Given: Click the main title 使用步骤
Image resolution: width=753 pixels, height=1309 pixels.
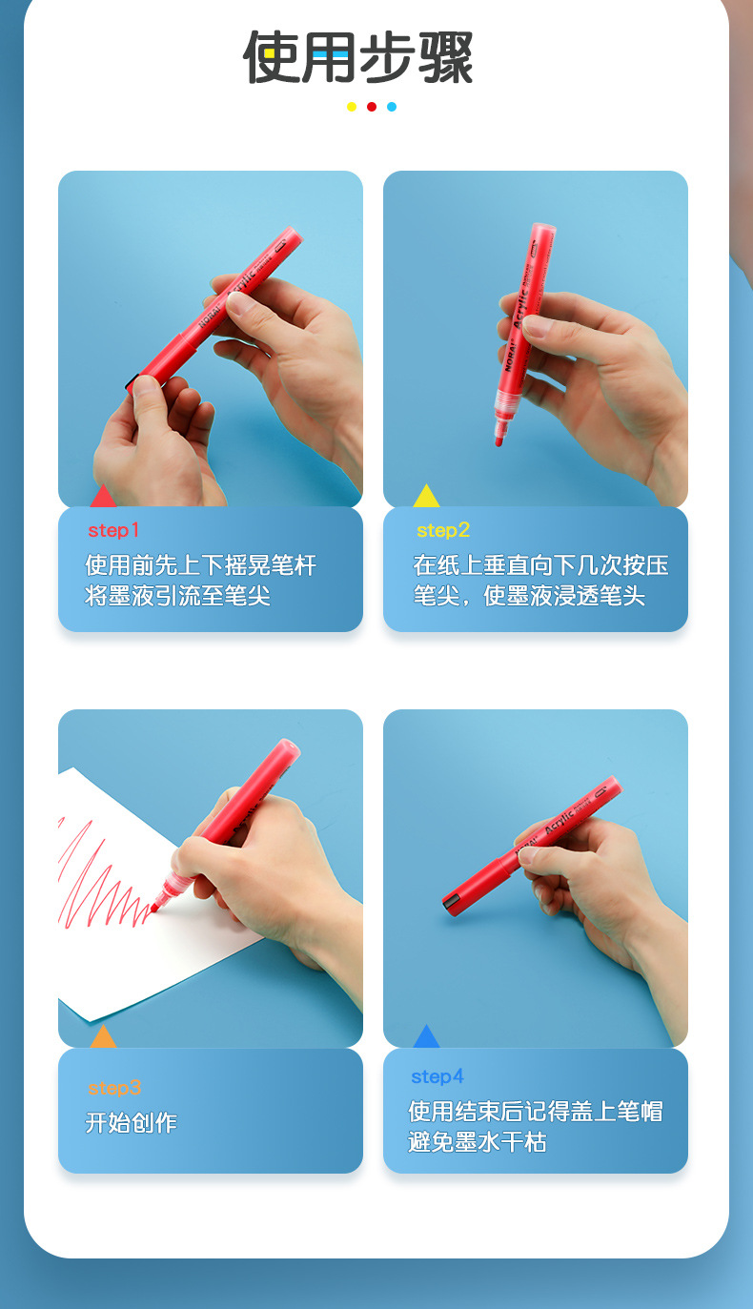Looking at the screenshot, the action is click(357, 57).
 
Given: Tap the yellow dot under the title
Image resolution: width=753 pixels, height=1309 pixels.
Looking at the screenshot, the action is click(352, 107).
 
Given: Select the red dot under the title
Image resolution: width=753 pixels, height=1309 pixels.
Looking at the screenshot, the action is click(372, 107).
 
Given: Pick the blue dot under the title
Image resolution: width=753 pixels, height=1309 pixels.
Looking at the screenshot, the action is click(392, 107).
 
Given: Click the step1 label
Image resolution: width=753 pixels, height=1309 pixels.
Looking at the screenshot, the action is click(113, 531).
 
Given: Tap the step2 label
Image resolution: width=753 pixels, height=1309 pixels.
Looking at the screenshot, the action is click(443, 531).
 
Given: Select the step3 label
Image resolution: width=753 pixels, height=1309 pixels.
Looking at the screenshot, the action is click(114, 1088).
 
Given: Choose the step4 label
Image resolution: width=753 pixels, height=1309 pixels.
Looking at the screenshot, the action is click(438, 1076).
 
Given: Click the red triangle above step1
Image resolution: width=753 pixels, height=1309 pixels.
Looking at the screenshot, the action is click(103, 497).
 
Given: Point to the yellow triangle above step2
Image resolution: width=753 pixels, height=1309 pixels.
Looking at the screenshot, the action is click(426, 497).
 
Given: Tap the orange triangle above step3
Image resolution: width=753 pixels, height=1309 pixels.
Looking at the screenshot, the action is click(103, 1037).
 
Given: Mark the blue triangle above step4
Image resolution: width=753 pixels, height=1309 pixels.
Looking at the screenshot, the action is click(426, 1037).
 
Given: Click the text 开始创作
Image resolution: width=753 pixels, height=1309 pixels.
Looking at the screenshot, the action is click(132, 1122).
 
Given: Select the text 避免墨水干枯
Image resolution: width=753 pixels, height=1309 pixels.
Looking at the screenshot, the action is click(478, 1141).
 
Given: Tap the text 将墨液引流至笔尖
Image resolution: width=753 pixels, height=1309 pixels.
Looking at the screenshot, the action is click(177, 596).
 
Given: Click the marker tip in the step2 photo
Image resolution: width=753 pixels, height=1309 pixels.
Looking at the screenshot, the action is click(499, 440).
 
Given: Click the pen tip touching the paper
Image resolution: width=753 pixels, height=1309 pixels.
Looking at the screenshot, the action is click(153, 909).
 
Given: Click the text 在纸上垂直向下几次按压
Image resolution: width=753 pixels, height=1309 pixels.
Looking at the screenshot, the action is click(541, 565).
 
